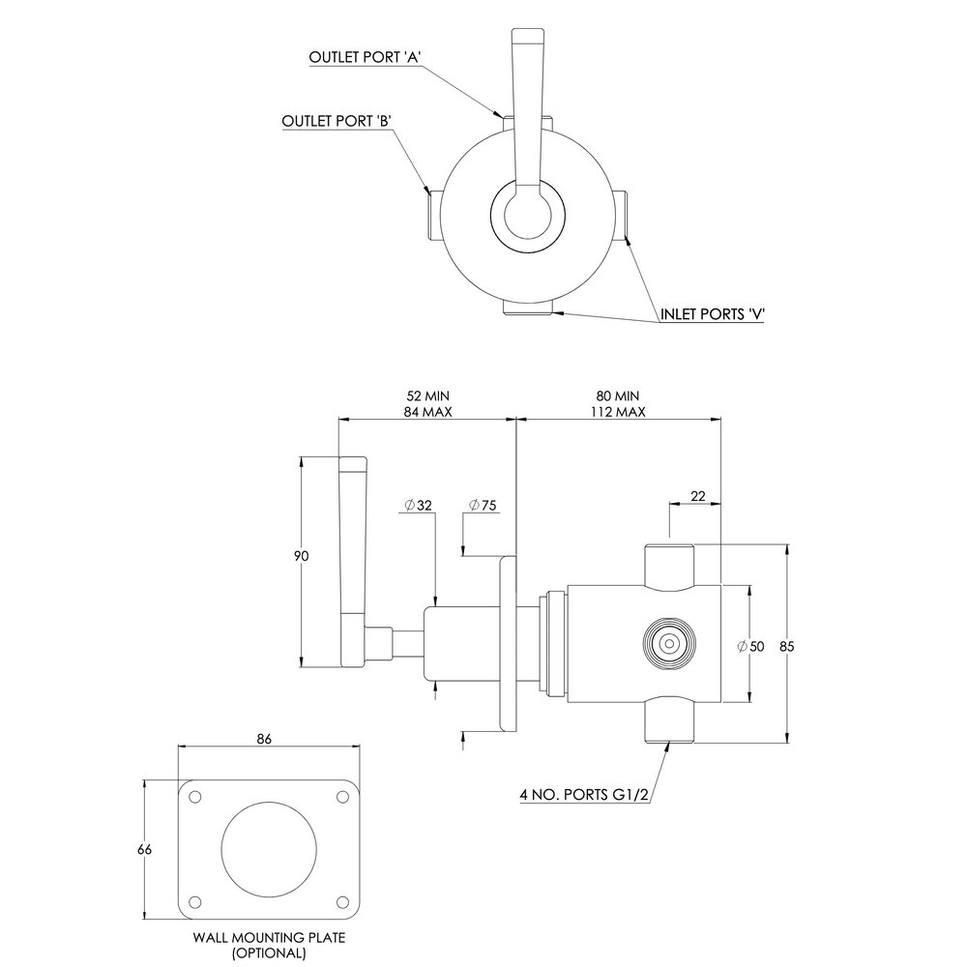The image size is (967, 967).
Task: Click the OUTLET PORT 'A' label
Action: coord(365,57)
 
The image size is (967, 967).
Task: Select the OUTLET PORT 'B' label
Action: coord(337,121)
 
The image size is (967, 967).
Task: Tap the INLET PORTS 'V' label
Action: coord(713,314)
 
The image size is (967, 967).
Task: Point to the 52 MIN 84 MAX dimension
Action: coord(427,404)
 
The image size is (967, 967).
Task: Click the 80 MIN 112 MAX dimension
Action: coord(617,404)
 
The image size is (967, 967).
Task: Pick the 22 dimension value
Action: coord(697,496)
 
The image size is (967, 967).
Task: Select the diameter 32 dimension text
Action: coord(419,506)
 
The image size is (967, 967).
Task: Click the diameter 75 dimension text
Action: coord(483,506)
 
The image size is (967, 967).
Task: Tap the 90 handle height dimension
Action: coord(301,556)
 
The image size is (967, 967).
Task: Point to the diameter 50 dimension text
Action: coord(750,646)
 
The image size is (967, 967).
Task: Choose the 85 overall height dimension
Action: coord(786,646)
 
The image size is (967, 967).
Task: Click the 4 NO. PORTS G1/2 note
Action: coord(584,795)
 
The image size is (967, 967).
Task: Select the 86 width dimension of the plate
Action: coord(264,738)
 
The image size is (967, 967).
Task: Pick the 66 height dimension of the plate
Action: coord(144,849)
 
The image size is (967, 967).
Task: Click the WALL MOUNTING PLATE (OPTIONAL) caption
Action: coord(269,945)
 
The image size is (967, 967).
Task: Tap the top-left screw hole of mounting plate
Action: coord(195,797)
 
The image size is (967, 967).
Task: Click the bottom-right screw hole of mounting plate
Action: coord(342,902)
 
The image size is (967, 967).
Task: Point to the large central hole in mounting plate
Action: coord(269,850)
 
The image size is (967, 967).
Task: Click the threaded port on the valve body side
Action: coord(668,644)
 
